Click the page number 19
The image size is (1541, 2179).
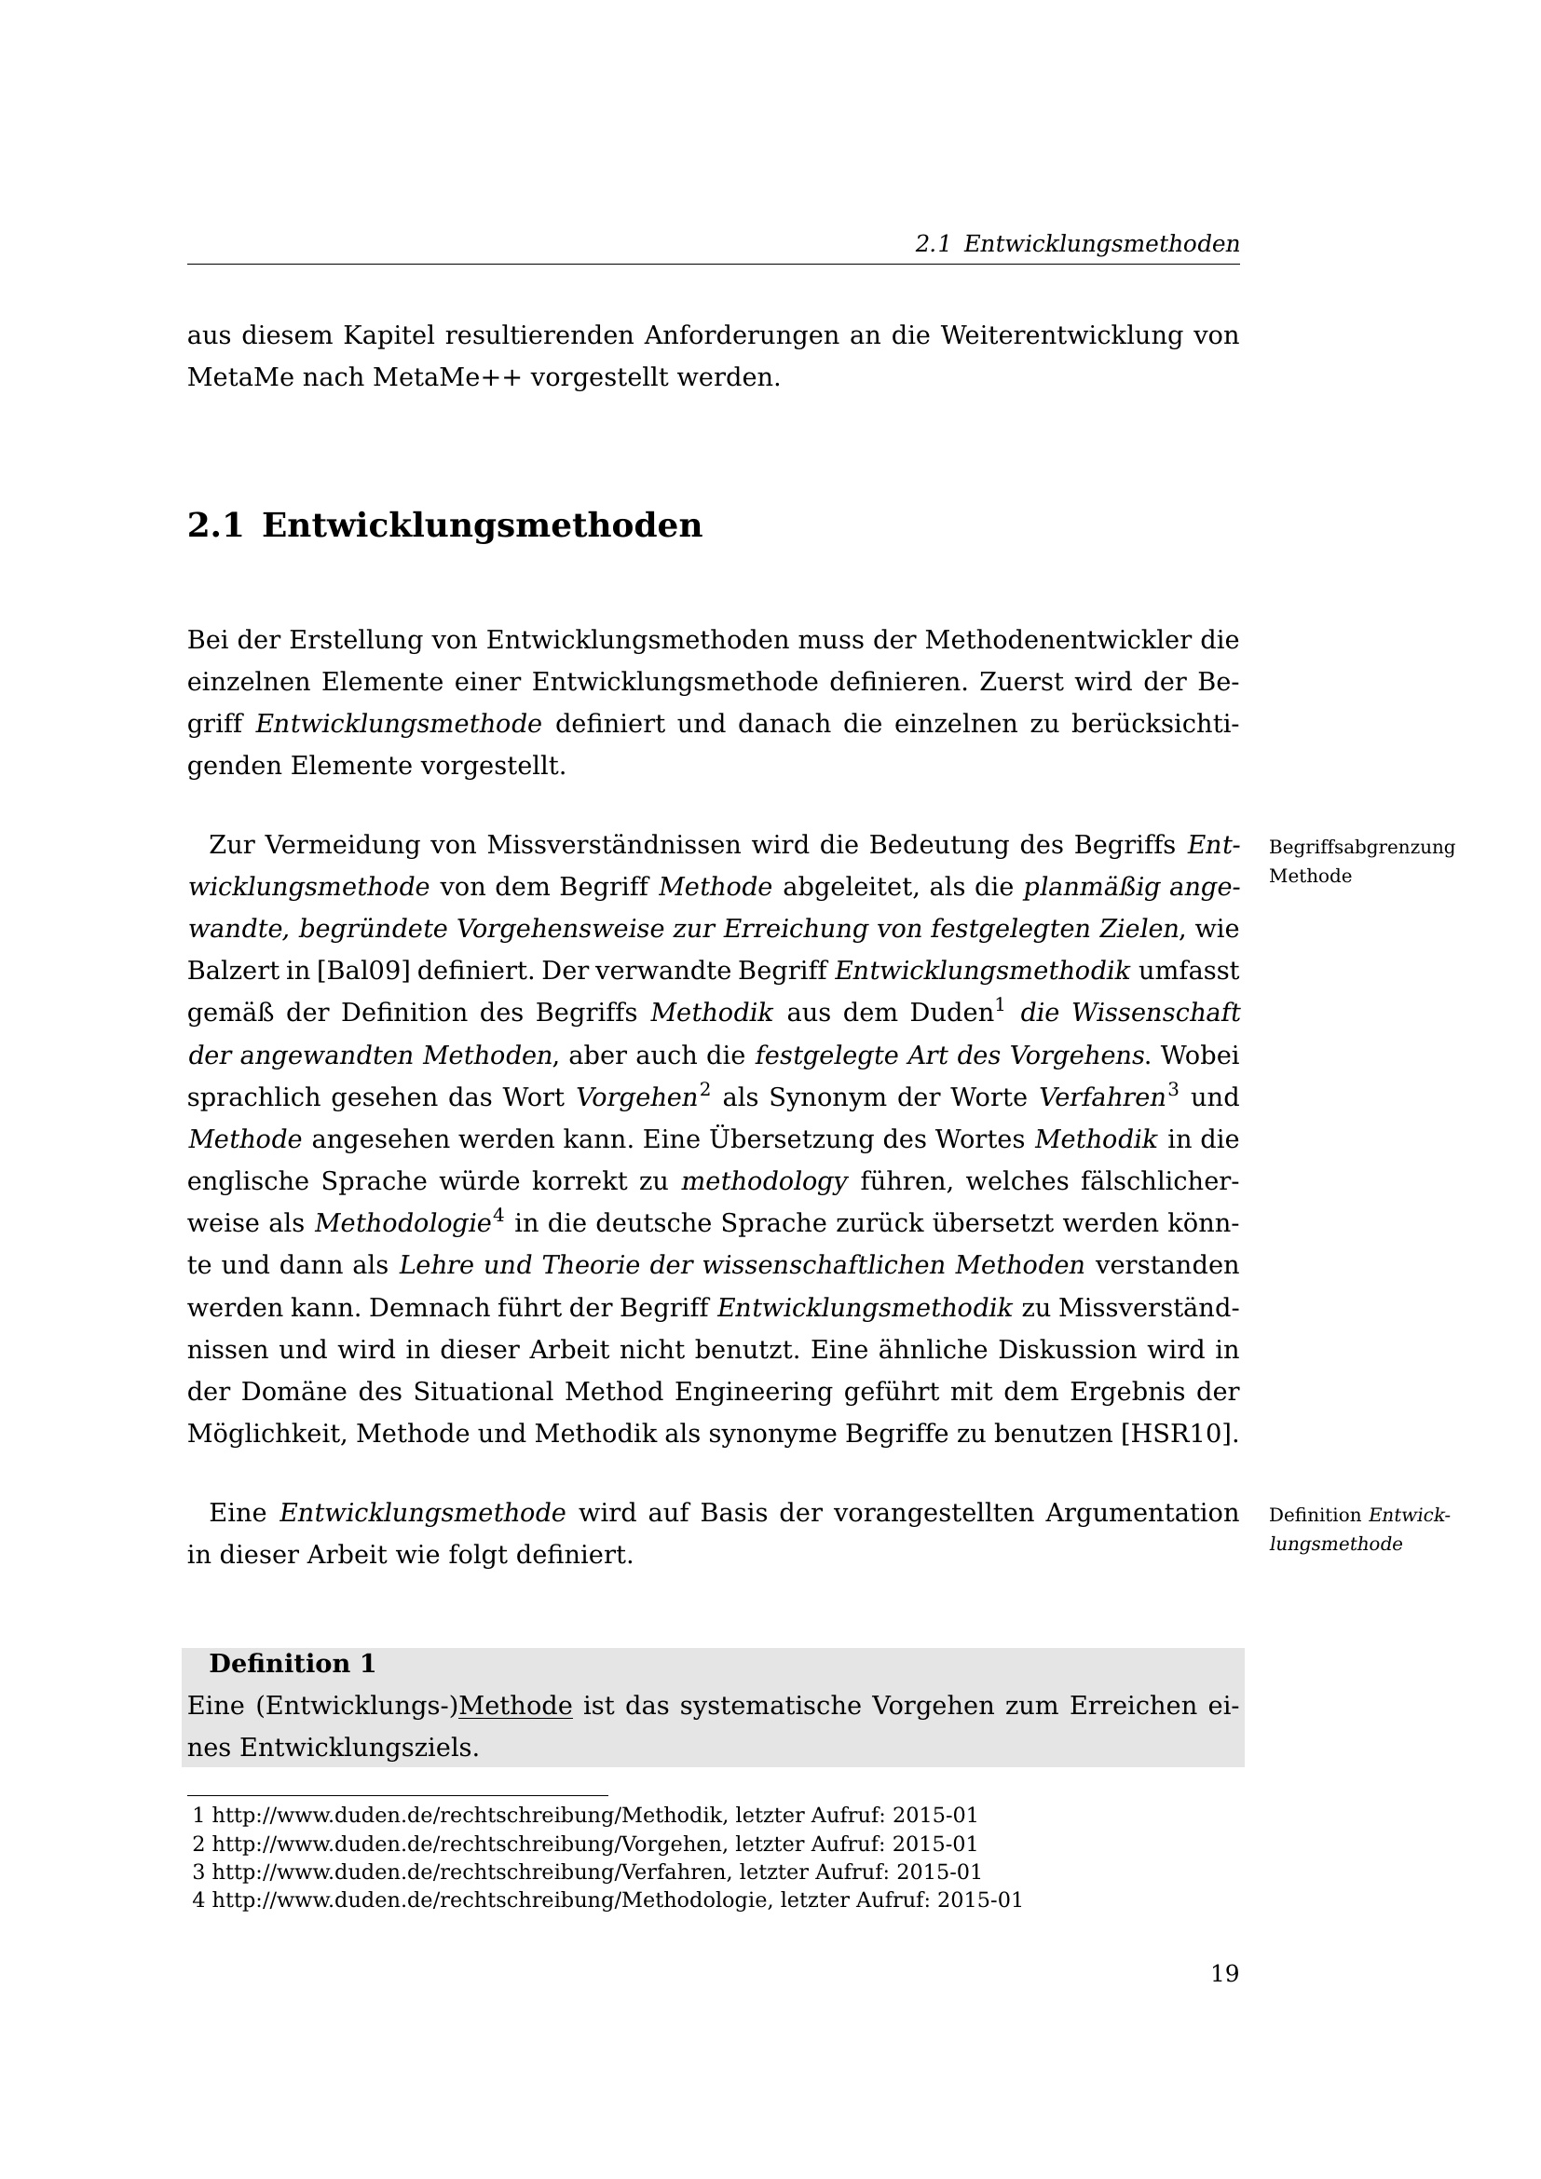(1224, 1974)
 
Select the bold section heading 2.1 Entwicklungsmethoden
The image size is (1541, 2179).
(444, 525)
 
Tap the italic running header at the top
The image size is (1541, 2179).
(1077, 244)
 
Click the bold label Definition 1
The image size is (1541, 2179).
(293, 1664)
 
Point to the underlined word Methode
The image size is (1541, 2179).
(515, 1707)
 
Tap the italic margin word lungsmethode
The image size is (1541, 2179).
(1335, 1544)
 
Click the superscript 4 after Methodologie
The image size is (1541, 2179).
(498, 1216)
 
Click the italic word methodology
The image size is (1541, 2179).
(764, 1181)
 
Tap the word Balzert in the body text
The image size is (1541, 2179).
(225, 971)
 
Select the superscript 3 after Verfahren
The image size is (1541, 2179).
(1173, 1090)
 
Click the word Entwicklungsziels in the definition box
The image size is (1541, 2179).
(359, 1747)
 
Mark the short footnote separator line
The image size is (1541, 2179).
(397, 1795)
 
